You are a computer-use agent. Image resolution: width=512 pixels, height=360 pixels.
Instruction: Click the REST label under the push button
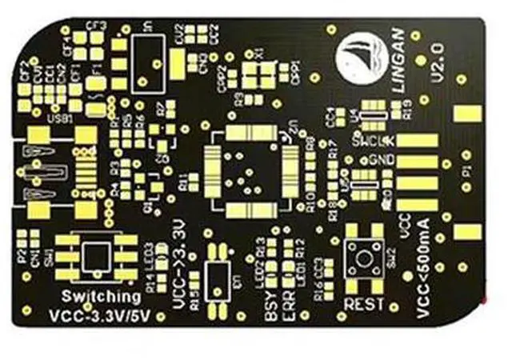[362, 305]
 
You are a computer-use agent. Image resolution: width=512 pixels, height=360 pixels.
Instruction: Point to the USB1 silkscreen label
[60, 118]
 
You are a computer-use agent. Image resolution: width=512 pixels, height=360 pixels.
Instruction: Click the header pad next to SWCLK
[418, 142]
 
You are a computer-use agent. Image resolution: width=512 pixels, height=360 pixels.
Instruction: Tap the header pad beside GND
[418, 161]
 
